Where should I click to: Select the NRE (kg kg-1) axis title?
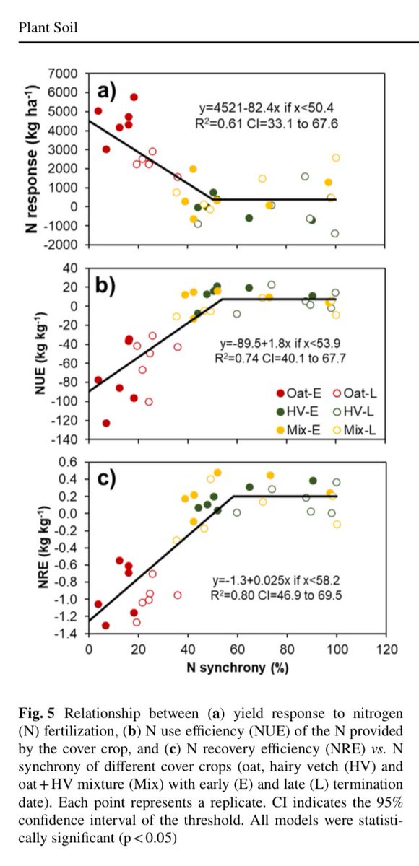click(43, 546)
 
